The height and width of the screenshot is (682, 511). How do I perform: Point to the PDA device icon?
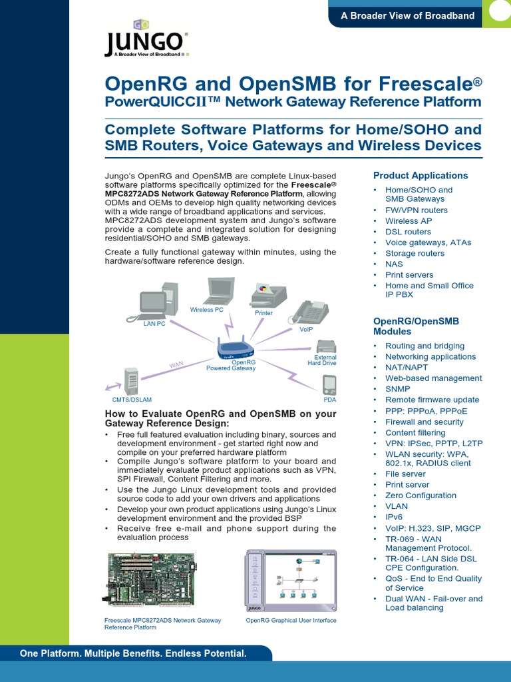click(329, 385)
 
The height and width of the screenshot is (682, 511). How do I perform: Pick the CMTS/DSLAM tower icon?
click(132, 381)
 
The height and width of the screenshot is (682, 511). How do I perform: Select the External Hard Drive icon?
click(325, 347)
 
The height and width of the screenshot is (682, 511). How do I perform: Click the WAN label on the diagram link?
click(176, 364)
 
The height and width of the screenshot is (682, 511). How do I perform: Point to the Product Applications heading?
click(421, 176)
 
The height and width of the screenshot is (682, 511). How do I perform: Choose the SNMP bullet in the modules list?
click(398, 389)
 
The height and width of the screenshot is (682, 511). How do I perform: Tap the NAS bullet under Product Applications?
click(395, 264)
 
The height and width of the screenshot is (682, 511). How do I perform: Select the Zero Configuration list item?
click(421, 496)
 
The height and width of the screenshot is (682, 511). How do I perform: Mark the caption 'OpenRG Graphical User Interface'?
click(291, 620)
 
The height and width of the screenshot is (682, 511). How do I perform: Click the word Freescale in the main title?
click(429, 85)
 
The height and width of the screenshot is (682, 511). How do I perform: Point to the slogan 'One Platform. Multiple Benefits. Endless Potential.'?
click(133, 653)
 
